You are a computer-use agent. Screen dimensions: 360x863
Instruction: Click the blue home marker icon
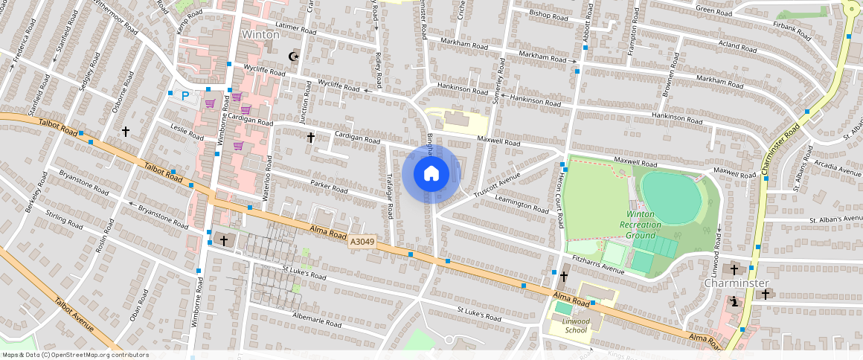[x=431, y=174]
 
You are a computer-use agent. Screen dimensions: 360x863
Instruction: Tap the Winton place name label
[x=260, y=35]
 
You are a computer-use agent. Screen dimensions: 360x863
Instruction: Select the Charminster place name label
[x=736, y=283]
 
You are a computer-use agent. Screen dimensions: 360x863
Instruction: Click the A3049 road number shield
[x=362, y=242]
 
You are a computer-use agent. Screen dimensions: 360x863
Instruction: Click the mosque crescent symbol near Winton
[x=293, y=56]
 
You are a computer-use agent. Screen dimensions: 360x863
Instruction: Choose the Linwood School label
[x=576, y=325]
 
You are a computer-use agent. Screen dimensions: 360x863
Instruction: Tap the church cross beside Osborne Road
[x=126, y=132]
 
